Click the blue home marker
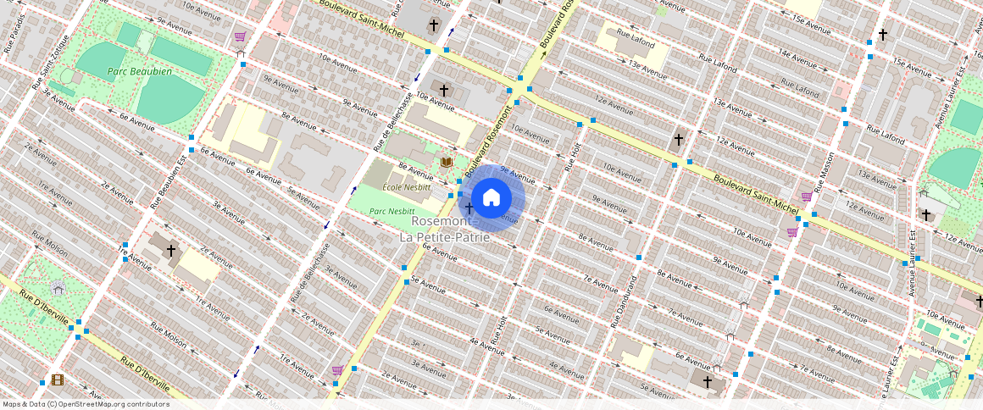(491, 198)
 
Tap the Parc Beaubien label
(140, 72)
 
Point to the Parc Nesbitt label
(392, 211)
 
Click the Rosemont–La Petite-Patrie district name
(444, 229)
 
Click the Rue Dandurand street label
(624, 302)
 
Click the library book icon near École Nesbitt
(446, 162)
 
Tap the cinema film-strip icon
(57, 380)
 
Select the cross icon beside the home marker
(468, 208)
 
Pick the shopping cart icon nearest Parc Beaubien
(241, 37)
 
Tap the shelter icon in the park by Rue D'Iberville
(58, 288)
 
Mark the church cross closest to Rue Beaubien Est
(171, 251)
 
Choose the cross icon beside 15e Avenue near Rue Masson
(883, 35)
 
